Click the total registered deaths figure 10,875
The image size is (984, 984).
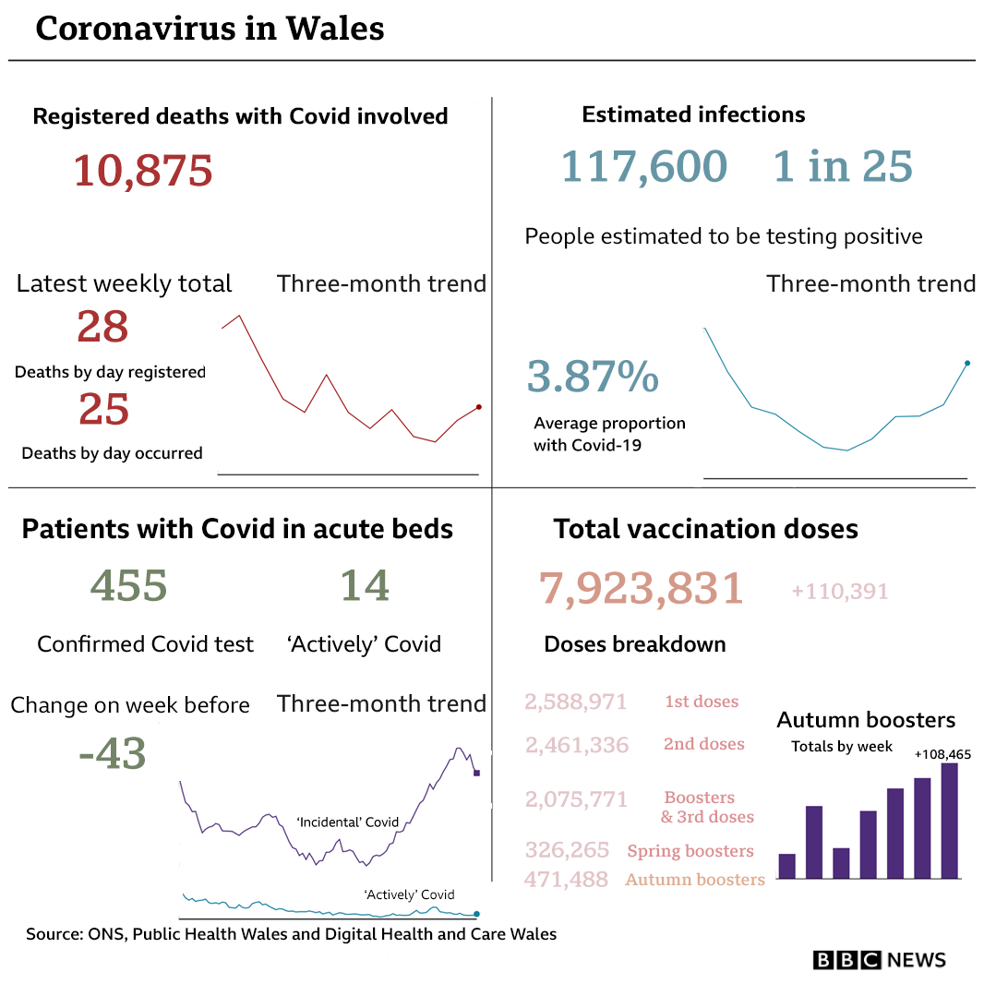[143, 171]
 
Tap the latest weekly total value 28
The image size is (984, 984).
[102, 327]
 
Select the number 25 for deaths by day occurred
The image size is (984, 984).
[103, 410]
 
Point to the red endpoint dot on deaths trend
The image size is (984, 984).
[478, 406]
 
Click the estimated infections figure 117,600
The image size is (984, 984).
[644, 167]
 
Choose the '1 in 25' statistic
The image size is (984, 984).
[843, 167]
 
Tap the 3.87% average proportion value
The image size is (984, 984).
[593, 378]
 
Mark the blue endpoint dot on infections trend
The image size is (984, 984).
[966, 363]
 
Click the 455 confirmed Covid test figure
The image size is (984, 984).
[128, 585]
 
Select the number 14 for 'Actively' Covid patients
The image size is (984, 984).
[364, 585]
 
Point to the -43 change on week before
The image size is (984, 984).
[113, 754]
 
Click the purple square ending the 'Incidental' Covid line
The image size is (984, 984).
[476, 773]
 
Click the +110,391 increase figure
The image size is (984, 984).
[839, 591]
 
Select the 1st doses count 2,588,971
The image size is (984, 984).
[576, 702]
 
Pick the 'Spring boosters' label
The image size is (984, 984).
[690, 851]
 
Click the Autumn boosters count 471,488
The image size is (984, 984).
[566, 880]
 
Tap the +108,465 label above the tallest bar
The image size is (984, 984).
[942, 754]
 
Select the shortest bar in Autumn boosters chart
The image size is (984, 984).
[841, 863]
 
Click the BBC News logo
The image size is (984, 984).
[879, 960]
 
